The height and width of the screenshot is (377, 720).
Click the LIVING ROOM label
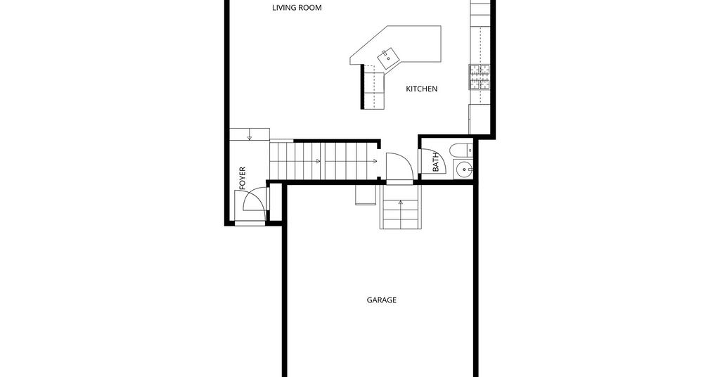[x=297, y=7]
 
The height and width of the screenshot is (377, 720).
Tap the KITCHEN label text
[x=422, y=89]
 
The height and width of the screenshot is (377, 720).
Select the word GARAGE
[x=382, y=300]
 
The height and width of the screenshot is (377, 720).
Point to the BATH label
[x=436, y=162]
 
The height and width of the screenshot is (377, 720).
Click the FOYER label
[x=243, y=179]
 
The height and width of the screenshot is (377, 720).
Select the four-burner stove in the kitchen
[x=480, y=77]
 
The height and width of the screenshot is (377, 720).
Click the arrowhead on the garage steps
[x=401, y=202]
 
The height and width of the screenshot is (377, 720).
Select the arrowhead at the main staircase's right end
[x=375, y=161]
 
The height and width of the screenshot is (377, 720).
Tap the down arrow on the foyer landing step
[x=250, y=137]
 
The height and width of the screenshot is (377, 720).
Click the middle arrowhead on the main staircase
[x=319, y=161]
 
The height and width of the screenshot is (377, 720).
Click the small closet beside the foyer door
[x=275, y=203]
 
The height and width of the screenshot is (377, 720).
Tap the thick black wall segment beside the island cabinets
[x=362, y=87]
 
